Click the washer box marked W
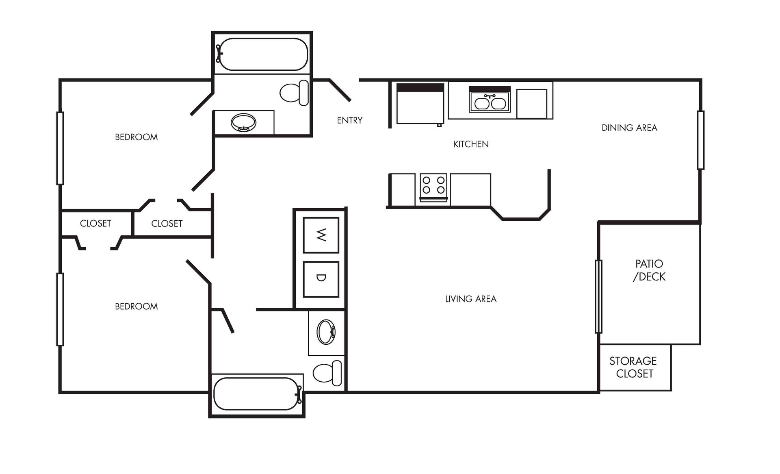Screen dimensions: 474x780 (321, 235)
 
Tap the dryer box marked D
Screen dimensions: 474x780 (321, 279)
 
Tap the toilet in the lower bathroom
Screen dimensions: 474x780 (327, 373)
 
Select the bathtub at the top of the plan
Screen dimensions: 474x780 (262, 54)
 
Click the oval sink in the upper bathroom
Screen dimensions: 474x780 (243, 122)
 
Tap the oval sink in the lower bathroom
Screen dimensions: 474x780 (326, 332)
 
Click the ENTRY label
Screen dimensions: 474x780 (349, 120)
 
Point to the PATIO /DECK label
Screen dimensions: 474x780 (649, 270)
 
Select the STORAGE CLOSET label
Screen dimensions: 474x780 (633, 367)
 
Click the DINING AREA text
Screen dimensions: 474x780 (629, 128)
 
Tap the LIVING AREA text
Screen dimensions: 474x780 (470, 299)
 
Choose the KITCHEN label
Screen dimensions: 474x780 (470, 144)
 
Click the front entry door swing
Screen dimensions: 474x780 (340, 90)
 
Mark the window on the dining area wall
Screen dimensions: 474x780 (700, 140)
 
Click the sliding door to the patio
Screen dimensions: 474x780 (598, 296)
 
